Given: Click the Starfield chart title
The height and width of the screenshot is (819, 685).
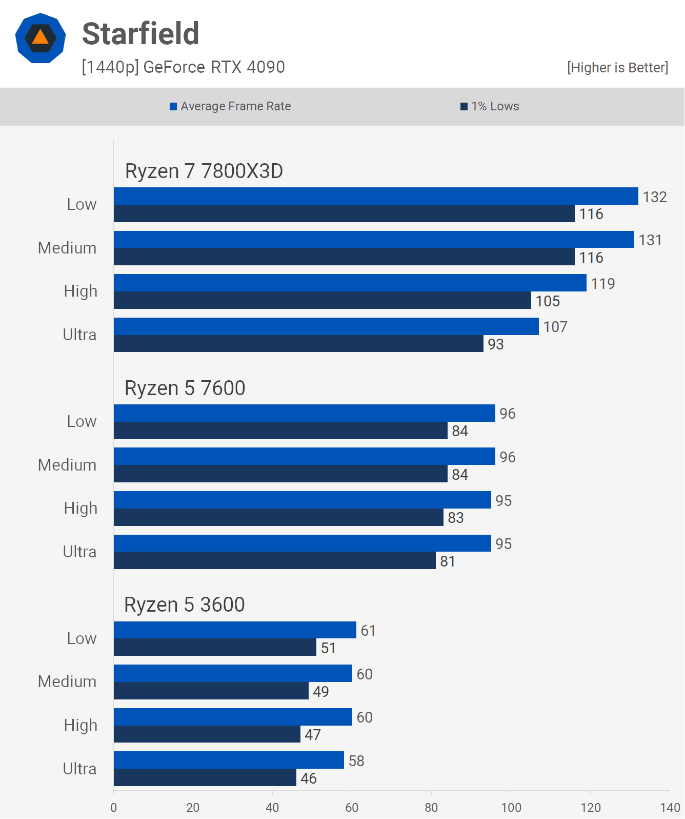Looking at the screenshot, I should (x=140, y=34).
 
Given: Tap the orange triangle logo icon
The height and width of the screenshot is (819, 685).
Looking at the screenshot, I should (x=41, y=38).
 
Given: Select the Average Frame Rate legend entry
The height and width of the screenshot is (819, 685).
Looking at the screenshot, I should (x=230, y=106).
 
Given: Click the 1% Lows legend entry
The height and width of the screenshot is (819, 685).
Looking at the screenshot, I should (x=490, y=106).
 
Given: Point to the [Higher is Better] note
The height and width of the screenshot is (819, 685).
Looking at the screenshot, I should (x=617, y=68).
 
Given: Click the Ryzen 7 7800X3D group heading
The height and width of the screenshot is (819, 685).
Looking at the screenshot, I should (x=204, y=171).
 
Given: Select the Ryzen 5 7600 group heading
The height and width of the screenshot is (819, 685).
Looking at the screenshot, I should (x=185, y=388).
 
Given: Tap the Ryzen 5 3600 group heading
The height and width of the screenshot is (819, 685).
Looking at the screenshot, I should (x=184, y=605).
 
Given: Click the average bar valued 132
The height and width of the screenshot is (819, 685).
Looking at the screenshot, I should (x=376, y=196).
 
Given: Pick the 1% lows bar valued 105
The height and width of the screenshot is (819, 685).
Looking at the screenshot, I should (x=322, y=301).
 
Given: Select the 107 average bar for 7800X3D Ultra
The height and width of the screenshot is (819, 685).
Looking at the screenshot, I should (x=326, y=326).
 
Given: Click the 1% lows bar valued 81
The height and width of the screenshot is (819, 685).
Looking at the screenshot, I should (x=274, y=561).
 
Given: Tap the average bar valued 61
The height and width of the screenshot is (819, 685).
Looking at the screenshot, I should (x=235, y=630).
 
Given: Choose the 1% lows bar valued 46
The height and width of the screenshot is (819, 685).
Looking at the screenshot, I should (x=205, y=778).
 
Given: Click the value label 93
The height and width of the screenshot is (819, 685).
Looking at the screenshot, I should (x=496, y=344).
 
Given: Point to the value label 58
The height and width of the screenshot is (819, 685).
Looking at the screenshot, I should (x=356, y=761).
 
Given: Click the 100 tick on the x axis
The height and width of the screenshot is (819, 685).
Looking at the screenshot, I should (x=511, y=808).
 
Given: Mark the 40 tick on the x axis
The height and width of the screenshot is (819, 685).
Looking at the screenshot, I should (x=272, y=808).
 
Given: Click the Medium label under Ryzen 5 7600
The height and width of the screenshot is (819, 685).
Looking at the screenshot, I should (x=67, y=465).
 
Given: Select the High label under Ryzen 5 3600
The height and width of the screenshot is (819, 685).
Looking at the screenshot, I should (x=80, y=725).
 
